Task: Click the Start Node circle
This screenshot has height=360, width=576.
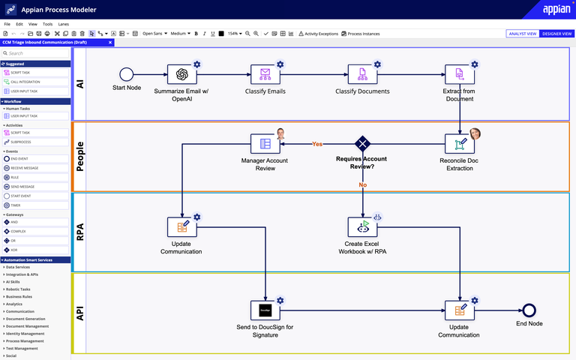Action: (126, 73)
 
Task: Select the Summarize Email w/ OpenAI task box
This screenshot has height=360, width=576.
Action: (181, 73)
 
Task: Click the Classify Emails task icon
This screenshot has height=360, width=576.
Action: (265, 73)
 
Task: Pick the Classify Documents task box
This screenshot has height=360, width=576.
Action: (362, 73)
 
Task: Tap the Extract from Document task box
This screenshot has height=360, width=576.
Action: (459, 73)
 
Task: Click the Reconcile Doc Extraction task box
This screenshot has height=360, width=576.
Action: (459, 143)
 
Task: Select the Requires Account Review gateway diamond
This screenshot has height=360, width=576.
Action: (363, 143)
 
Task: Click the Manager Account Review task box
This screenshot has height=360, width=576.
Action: (265, 143)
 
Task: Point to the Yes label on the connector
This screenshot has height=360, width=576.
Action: (317, 144)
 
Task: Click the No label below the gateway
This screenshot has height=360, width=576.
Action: (363, 184)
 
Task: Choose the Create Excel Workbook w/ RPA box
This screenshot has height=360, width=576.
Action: (362, 227)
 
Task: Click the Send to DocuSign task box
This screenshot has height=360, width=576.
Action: (265, 310)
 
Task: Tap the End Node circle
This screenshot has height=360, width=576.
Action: (529, 310)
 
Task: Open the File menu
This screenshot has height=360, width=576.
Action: (7, 24)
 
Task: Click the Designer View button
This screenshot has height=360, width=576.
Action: (557, 34)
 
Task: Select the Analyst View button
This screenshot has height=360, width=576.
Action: (523, 34)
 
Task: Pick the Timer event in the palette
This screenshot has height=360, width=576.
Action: (16, 205)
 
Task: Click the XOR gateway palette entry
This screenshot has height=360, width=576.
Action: (15, 250)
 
